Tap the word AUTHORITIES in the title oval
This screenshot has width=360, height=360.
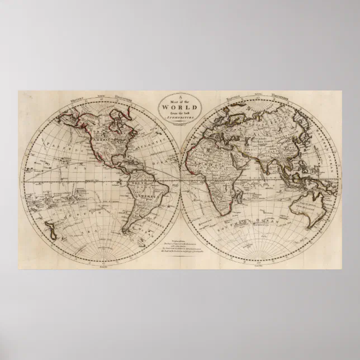click(x=180, y=118)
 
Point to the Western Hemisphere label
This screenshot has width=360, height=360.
click(x=98, y=99)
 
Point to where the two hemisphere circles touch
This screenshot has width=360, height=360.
click(x=180, y=179)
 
